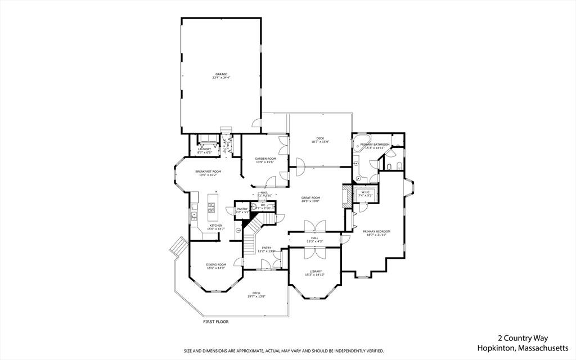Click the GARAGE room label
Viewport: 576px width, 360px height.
coord(220,74)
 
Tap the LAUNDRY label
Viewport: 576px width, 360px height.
coord(204,149)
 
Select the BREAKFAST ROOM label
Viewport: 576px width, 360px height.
coord(208,171)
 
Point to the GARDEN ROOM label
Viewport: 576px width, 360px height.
coord(265,159)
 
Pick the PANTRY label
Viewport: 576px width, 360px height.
coord(242,209)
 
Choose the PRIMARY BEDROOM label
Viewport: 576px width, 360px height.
coord(376,231)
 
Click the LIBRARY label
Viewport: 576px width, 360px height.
coord(315,271)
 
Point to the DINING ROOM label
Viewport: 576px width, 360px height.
coord(216,264)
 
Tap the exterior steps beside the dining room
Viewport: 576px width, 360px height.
coord(178,246)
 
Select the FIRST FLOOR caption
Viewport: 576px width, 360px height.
coord(216,322)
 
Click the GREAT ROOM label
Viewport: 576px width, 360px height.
coord(310,197)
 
